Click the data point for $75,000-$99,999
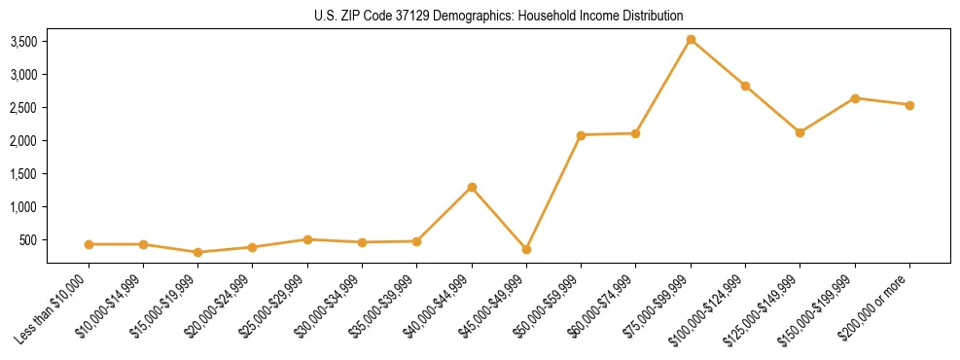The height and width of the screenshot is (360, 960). (x=691, y=40)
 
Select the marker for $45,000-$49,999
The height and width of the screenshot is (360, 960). (x=526, y=250)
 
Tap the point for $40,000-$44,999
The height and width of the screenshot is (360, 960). (x=472, y=187)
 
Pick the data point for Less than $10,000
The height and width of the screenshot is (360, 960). (x=89, y=244)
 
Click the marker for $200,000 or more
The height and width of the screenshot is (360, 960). (x=909, y=105)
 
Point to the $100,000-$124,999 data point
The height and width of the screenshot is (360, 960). (x=745, y=86)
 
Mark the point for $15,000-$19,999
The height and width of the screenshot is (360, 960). (x=197, y=252)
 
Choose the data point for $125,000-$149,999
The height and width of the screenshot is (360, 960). (x=800, y=132)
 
